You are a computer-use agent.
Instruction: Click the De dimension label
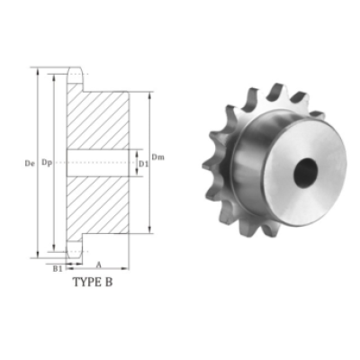click(x=29, y=164)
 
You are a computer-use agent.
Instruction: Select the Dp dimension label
click(x=46, y=164)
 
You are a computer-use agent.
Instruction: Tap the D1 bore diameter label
click(x=143, y=164)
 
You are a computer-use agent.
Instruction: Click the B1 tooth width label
click(x=57, y=268)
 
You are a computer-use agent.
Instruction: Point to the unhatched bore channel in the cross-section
click(x=99, y=163)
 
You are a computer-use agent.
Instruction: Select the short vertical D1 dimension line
click(x=135, y=163)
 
